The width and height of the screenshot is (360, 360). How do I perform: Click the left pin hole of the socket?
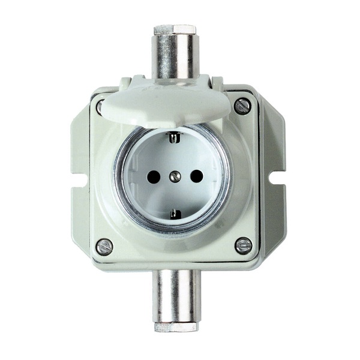[x=154, y=176]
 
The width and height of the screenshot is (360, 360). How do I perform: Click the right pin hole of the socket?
[x=196, y=176]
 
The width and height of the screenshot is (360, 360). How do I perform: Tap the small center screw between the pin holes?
[x=175, y=176]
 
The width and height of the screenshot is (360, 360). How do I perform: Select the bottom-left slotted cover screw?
[x=104, y=245]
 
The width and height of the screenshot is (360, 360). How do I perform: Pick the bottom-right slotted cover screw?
[x=243, y=245]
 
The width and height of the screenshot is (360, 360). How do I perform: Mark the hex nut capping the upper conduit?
[x=175, y=29]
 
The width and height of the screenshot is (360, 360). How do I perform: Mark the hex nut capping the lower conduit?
[x=174, y=327]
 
